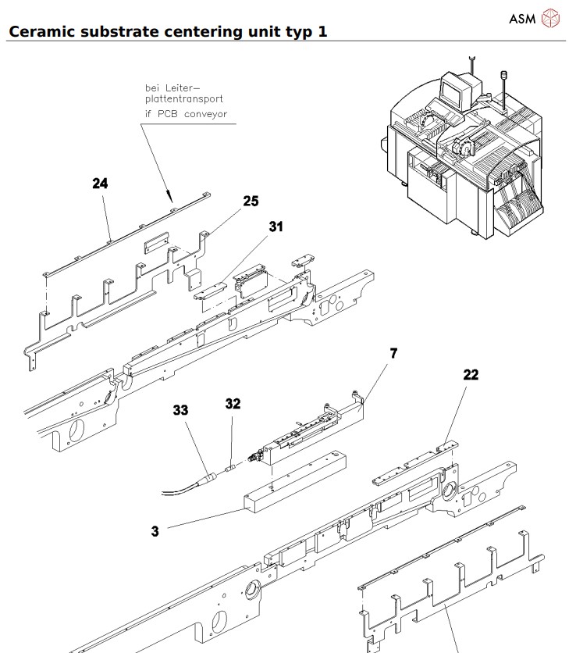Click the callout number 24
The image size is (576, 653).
pyautogui.click(x=99, y=184)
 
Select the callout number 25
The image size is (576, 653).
pyautogui.click(x=250, y=201)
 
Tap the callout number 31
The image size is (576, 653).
pyautogui.click(x=276, y=227)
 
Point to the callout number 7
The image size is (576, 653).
pyautogui.click(x=393, y=354)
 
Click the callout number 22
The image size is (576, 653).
pyautogui.click(x=471, y=375)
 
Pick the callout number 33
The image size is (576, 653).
pyautogui.click(x=181, y=409)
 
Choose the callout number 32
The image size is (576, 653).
pyautogui.click(x=233, y=404)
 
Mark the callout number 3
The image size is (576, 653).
pyautogui.click(x=155, y=531)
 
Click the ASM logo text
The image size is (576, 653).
pyautogui.click(x=521, y=17)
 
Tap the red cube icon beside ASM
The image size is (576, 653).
pyautogui.click(x=551, y=17)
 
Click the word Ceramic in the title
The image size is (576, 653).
pyautogui.click(x=45, y=32)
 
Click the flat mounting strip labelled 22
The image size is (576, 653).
pyautogui.click(x=410, y=472)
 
